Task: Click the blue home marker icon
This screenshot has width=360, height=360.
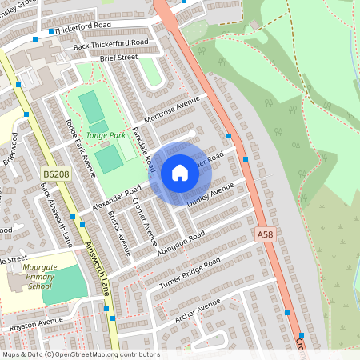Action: point(179,173)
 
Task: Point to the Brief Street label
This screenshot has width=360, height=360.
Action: point(118,58)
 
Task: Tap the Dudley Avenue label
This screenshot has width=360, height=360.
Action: point(210,196)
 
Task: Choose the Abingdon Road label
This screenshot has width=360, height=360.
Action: point(181,240)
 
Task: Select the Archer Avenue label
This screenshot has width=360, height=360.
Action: point(197,310)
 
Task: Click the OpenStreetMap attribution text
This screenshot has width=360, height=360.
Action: point(80,354)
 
